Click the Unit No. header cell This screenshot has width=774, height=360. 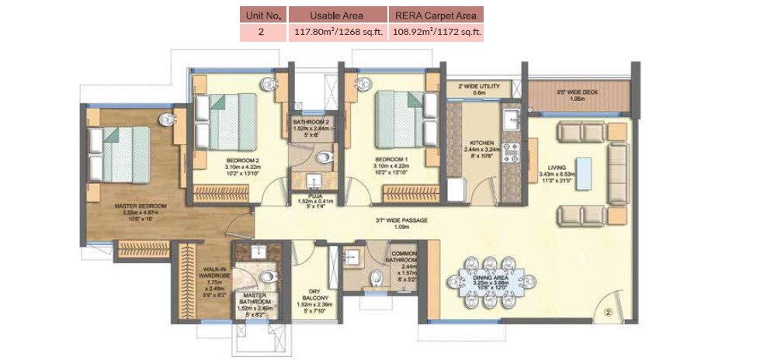(263, 15)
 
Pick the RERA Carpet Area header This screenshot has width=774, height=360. (437, 15)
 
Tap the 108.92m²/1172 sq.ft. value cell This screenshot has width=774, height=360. (437, 33)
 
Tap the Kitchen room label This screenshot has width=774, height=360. (478, 144)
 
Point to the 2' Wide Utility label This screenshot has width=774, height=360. (479, 85)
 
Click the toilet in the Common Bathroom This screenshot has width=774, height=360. (377, 277)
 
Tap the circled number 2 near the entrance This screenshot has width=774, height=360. (608, 313)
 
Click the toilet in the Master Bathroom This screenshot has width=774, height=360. (266, 276)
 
